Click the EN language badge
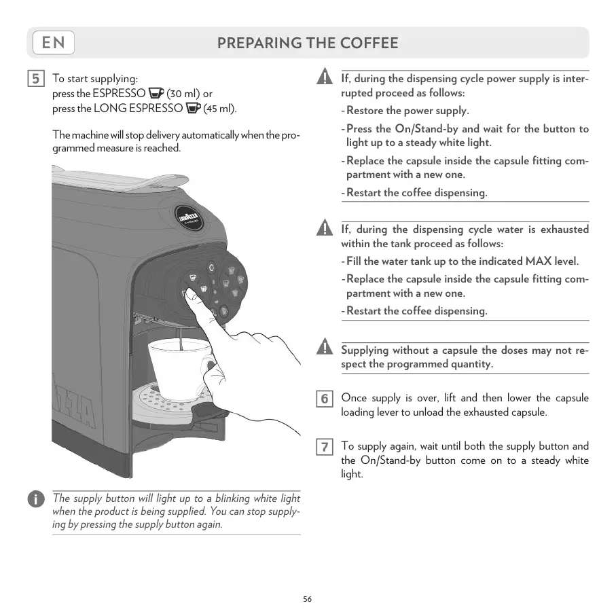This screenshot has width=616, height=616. (x=53, y=43)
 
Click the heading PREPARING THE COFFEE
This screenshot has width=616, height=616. (x=308, y=43)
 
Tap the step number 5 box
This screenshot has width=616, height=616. (x=37, y=79)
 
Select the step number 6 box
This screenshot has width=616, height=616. (x=325, y=399)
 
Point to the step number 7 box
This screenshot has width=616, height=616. (x=325, y=447)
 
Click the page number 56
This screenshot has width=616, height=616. (x=308, y=599)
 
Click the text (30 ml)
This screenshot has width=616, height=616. (x=183, y=94)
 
